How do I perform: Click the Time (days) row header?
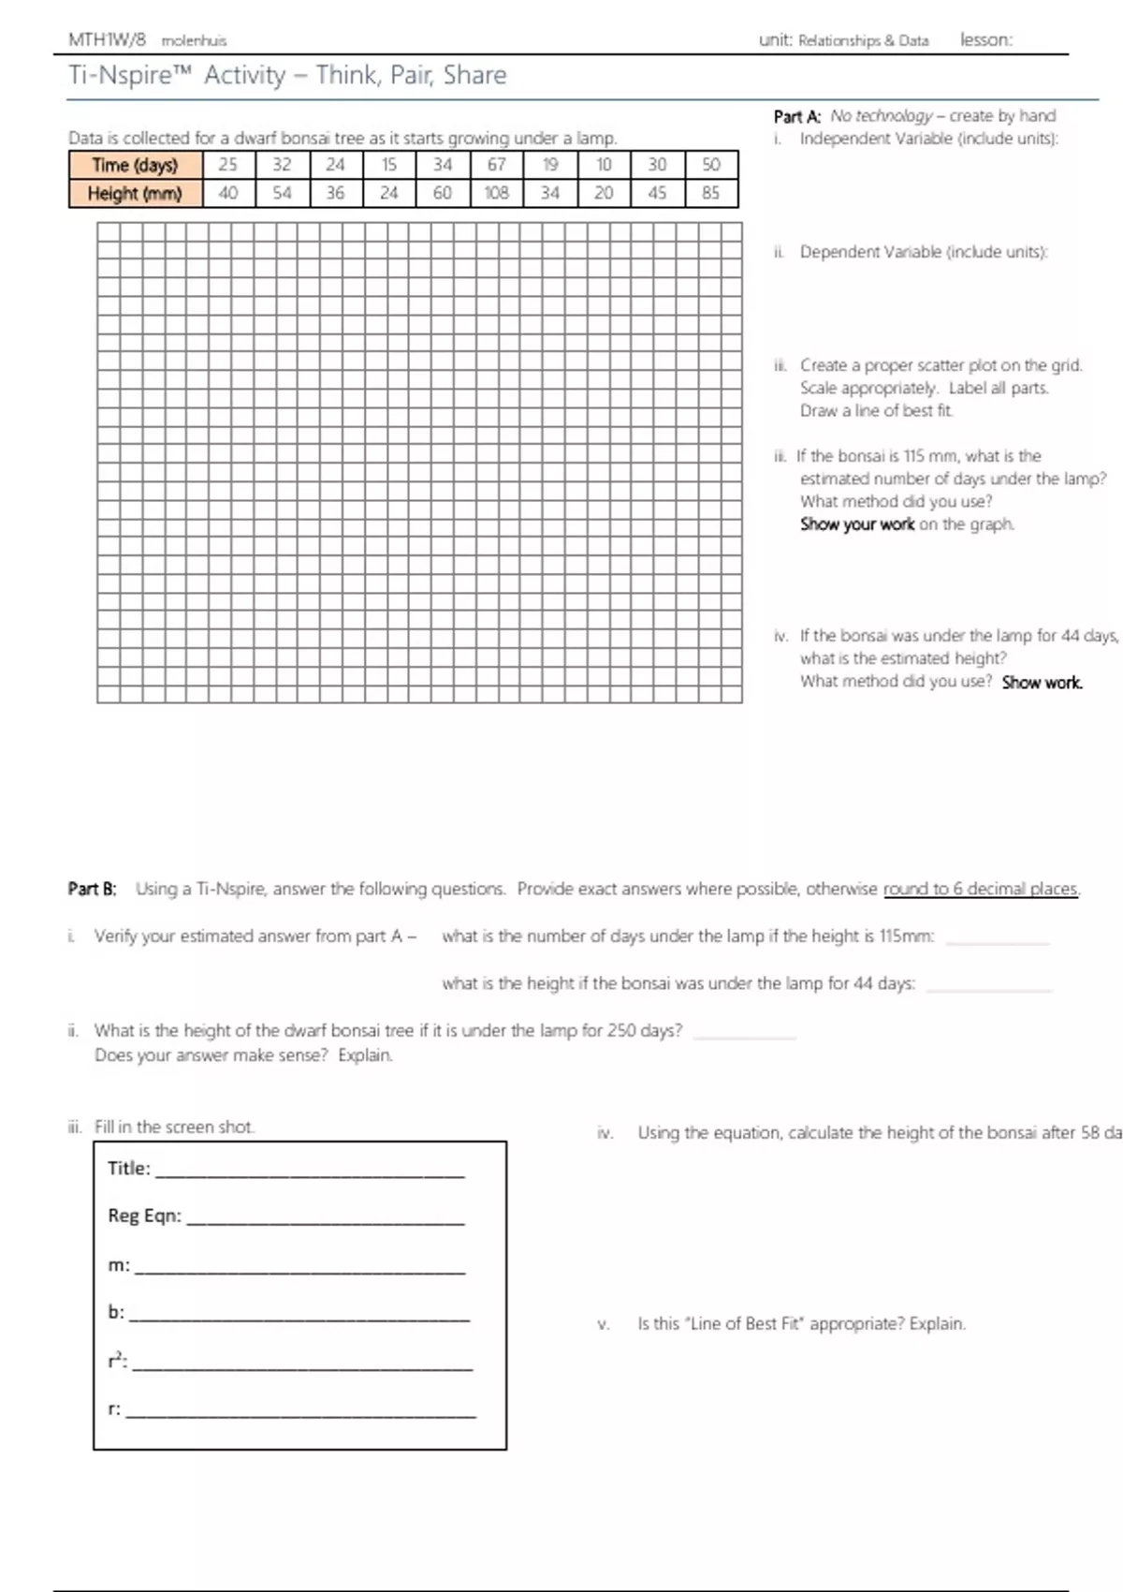coord(136,165)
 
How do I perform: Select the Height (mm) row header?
coord(136,193)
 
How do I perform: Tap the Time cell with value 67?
coord(497,165)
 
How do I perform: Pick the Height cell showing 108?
coord(497,193)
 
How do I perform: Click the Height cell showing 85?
coord(711,193)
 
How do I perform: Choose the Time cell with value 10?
coord(605,165)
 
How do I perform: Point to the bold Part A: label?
coord(796,116)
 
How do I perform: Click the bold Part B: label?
coord(92,889)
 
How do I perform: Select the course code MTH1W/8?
coord(108,40)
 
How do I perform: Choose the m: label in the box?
coord(118,1265)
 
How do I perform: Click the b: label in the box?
coord(116,1312)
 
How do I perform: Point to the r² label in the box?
coord(117,1361)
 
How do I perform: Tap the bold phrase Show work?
coord(1042,683)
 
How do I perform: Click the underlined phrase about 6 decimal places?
coord(981,889)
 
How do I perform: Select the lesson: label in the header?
coord(985,40)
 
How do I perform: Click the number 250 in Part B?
coord(621,1030)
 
